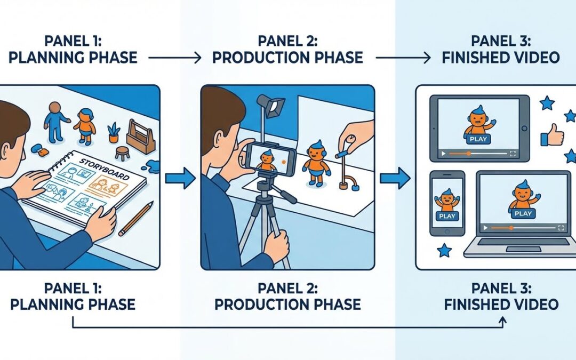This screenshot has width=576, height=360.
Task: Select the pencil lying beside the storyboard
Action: click(x=136, y=219)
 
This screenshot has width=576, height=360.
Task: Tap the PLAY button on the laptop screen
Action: click(x=523, y=213)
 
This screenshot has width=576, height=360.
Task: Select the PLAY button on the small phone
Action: click(x=447, y=216)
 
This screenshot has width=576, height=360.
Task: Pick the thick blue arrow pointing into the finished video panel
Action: click(x=395, y=178)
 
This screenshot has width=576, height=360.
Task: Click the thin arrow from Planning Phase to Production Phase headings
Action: click(x=174, y=58)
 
